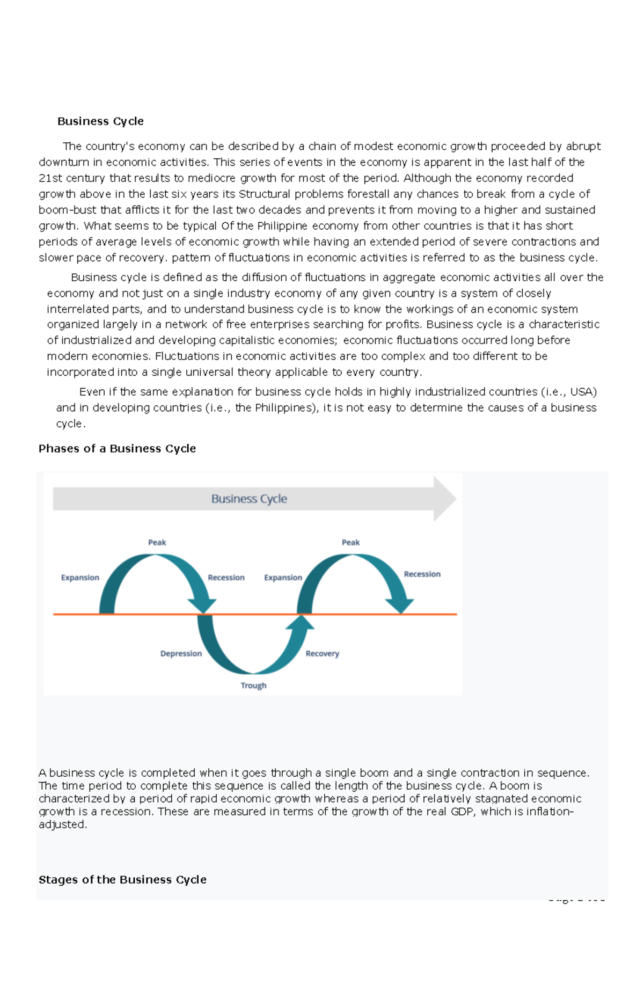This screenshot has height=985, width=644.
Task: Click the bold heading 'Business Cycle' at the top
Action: click(x=100, y=121)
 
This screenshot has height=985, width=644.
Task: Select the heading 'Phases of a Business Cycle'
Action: click(x=117, y=449)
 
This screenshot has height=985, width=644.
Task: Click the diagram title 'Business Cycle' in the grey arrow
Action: click(x=249, y=499)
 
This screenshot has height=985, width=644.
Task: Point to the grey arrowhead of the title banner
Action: click(x=444, y=499)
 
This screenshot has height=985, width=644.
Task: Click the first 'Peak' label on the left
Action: click(x=157, y=543)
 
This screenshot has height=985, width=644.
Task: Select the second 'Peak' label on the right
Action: click(x=350, y=543)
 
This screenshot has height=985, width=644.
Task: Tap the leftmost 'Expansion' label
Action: click(x=80, y=578)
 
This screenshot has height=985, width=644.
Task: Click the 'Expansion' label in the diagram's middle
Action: click(x=283, y=578)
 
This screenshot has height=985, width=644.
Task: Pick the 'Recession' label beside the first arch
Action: click(x=226, y=578)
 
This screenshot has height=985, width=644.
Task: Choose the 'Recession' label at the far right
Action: click(x=422, y=574)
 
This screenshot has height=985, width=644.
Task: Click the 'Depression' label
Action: click(x=181, y=654)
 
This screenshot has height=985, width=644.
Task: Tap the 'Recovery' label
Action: click(x=322, y=654)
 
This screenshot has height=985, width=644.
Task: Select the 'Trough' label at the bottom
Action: click(x=253, y=685)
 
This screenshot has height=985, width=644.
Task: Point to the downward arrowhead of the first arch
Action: click(x=203, y=605)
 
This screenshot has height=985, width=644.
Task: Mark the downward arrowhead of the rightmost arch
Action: click(x=400, y=605)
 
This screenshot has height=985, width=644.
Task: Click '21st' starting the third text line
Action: click(x=50, y=178)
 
